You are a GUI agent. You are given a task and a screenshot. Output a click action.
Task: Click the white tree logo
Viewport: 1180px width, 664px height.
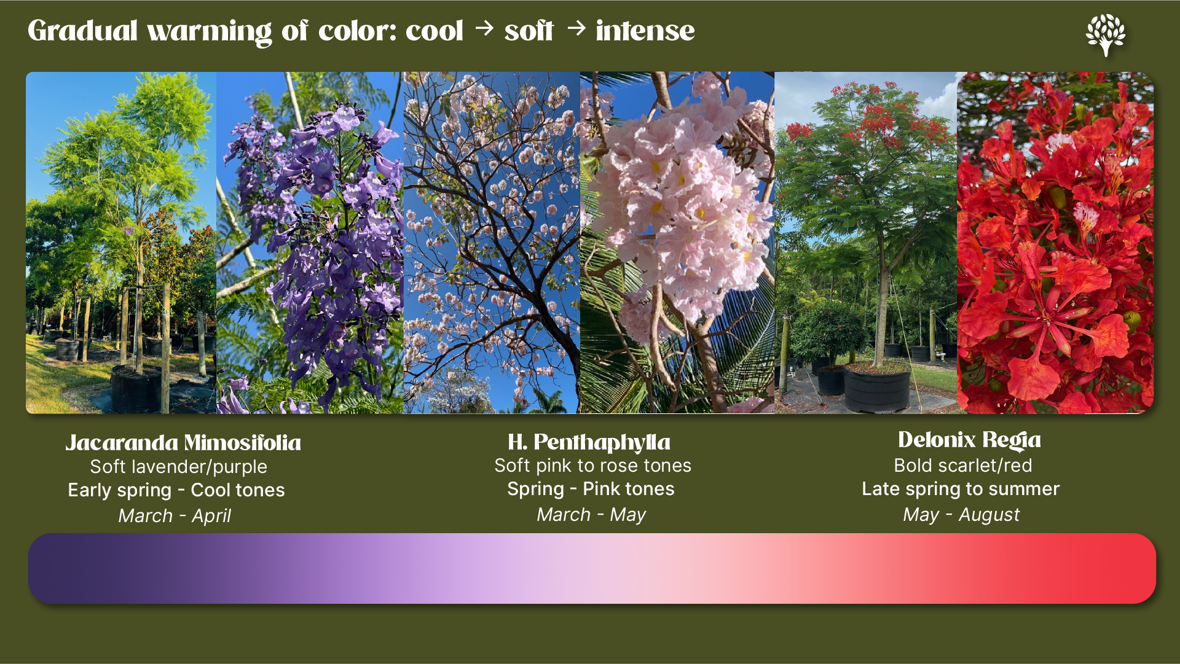click(x=1106, y=34)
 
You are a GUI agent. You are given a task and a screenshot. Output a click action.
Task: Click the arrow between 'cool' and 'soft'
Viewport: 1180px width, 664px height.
click(x=484, y=28)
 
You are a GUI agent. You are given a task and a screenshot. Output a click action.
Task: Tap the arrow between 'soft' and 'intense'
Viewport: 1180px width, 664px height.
click(x=576, y=28)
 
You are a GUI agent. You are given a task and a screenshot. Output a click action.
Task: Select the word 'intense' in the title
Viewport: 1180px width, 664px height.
click(x=645, y=31)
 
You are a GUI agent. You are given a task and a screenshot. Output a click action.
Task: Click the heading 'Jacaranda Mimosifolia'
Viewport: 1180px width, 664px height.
click(x=183, y=443)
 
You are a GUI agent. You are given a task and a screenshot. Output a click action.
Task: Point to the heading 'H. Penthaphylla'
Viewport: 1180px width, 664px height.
click(x=589, y=442)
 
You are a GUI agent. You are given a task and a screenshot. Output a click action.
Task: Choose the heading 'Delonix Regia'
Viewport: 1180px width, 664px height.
click(x=969, y=440)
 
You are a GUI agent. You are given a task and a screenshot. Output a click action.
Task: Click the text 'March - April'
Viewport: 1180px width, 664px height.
click(x=175, y=515)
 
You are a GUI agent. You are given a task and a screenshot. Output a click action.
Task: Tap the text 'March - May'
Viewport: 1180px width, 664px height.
click(x=591, y=514)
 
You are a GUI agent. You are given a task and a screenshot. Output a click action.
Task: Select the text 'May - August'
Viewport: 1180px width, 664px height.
click(x=961, y=514)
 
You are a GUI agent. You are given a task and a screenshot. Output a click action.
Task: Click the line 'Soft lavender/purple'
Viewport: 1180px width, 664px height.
click(x=178, y=467)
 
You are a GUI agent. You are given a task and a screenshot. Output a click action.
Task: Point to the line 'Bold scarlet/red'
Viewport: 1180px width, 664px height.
click(x=962, y=466)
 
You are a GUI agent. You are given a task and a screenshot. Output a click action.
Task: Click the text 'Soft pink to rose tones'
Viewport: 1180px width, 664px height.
click(x=592, y=466)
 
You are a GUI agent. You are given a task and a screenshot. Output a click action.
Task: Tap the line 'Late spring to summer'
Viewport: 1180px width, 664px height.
click(x=961, y=489)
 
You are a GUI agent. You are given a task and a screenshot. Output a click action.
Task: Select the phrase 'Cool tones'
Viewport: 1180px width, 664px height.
click(x=238, y=490)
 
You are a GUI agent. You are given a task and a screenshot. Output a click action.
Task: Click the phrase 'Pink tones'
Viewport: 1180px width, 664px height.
click(x=628, y=489)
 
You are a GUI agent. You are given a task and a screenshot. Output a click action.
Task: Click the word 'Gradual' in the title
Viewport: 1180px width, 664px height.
click(x=82, y=31)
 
